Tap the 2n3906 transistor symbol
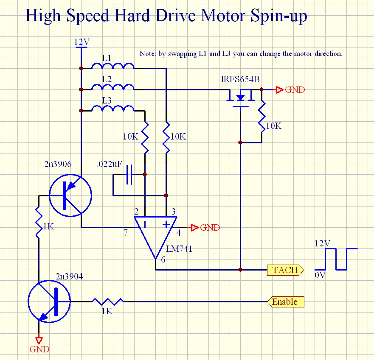(70, 195)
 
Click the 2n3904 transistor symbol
(49, 301)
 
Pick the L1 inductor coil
(113, 67)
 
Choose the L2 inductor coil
(113, 88)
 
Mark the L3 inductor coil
(113, 109)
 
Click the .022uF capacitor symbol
(129, 174)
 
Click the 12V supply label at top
(82, 42)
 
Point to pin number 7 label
(126, 233)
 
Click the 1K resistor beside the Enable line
(108, 301)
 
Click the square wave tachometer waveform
(336, 259)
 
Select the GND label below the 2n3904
(39, 349)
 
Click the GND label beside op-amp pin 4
(210, 228)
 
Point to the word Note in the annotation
(147, 54)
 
